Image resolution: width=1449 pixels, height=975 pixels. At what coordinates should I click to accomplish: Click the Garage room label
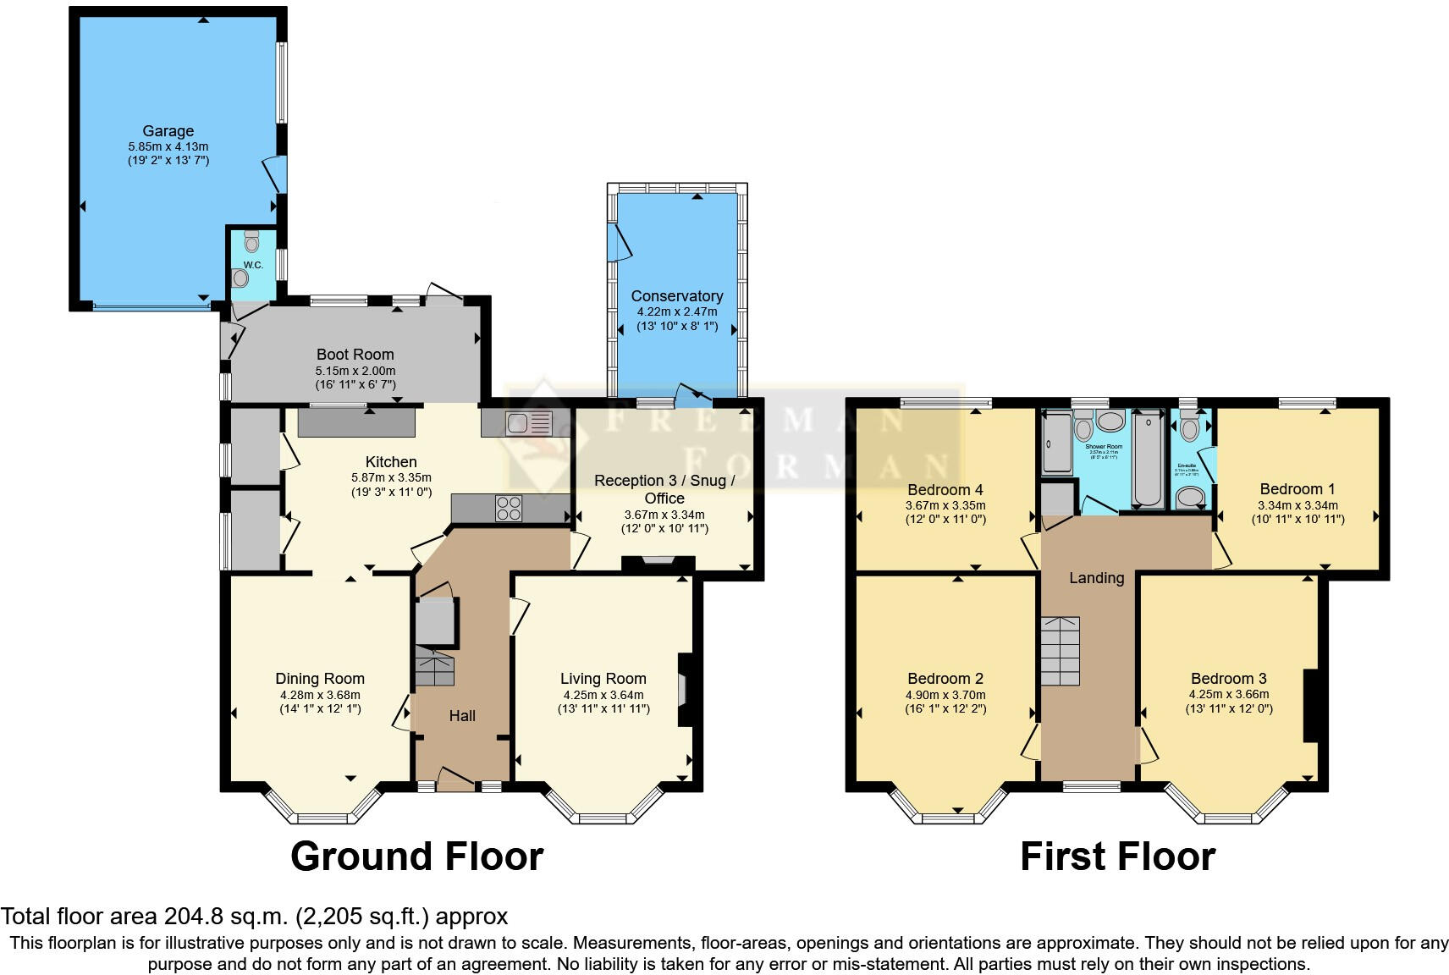[168, 131]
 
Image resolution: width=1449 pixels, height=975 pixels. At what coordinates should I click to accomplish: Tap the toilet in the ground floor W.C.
[251, 242]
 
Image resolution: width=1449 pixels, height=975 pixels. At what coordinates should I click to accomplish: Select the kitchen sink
[528, 422]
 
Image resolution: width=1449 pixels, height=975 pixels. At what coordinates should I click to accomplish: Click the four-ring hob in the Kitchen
[509, 508]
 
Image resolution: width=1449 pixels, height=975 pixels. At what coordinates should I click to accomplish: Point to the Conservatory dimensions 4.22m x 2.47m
[676, 311]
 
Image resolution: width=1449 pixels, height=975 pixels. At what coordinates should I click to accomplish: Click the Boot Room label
[355, 355]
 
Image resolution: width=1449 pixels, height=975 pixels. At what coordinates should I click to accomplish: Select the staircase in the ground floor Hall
[435, 668]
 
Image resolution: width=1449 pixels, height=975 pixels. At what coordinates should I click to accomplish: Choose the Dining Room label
[320, 679]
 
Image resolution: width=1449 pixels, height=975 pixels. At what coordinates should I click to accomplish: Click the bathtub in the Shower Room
[1149, 460]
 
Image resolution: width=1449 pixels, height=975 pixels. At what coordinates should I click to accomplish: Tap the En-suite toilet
[1190, 429]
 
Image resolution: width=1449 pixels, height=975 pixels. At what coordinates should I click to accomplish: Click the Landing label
[1096, 578]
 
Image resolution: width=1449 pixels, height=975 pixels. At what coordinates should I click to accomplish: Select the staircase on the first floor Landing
[1061, 651]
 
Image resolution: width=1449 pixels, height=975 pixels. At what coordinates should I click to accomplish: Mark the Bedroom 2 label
[945, 679]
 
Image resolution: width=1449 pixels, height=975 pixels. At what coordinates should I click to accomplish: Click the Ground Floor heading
[416, 857]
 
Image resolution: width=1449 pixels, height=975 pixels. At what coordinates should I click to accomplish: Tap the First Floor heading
[1117, 857]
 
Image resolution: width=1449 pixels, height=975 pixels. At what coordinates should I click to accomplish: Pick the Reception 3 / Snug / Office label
[664, 489]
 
